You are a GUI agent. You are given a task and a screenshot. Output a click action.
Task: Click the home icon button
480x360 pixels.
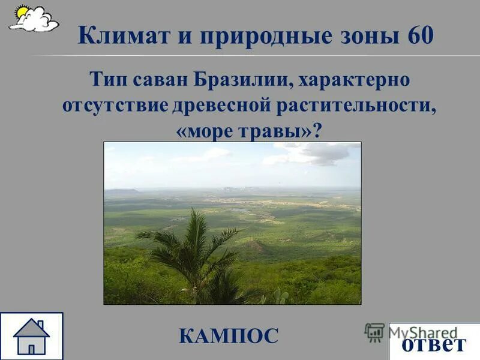tap(31, 336)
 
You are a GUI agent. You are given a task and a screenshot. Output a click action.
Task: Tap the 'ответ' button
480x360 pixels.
tap(434, 344)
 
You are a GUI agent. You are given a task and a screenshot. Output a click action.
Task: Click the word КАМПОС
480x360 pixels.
tap(229, 335)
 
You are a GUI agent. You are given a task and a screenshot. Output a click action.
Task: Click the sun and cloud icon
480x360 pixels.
tap(34, 19)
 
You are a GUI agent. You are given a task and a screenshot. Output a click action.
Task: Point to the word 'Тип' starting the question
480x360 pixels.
tap(105, 79)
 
